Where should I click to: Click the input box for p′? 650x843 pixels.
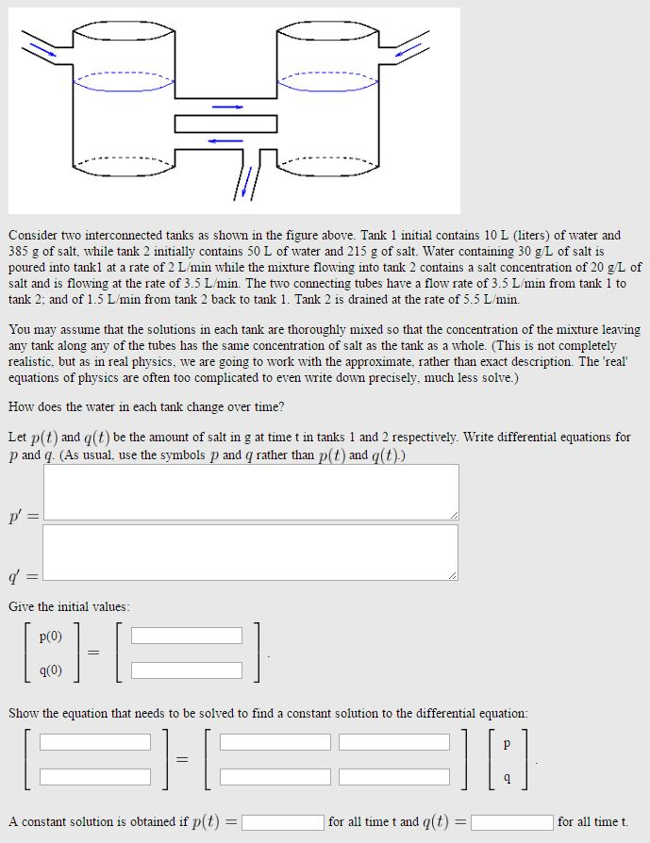pyautogui.click(x=251, y=491)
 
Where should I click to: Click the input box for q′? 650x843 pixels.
pyautogui.click(x=251, y=552)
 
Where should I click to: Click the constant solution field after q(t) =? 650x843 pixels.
pyautogui.click(x=512, y=821)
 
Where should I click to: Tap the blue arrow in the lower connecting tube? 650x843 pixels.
pyautogui.click(x=226, y=140)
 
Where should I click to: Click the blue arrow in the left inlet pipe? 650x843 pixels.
pyautogui.click(x=41, y=47)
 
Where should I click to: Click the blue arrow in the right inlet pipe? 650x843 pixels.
pyautogui.click(x=408, y=48)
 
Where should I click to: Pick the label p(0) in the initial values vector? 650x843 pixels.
pyautogui.click(x=51, y=636)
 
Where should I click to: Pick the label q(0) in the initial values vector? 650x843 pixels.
pyautogui.click(x=51, y=670)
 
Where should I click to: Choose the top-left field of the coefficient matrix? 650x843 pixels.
pyautogui.click(x=275, y=742)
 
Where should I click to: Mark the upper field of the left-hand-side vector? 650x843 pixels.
pyautogui.click(x=95, y=742)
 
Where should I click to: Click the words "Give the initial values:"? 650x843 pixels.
pyautogui.click(x=69, y=607)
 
